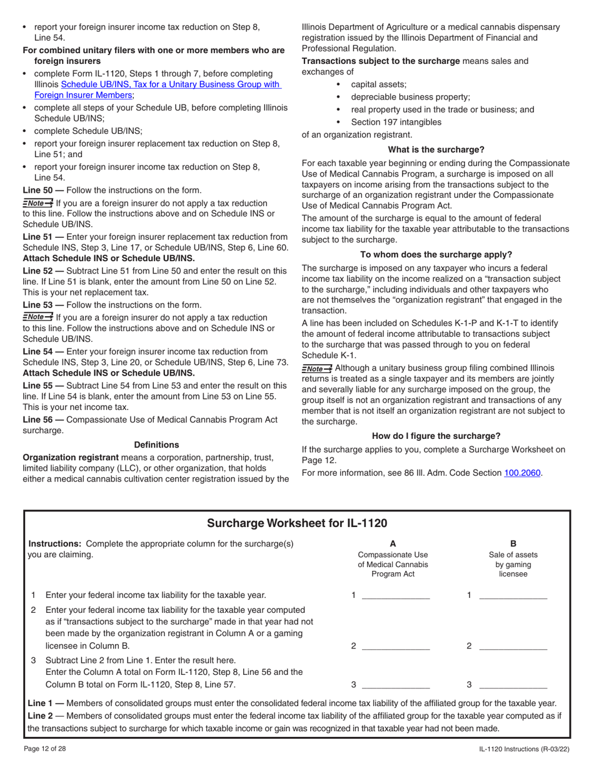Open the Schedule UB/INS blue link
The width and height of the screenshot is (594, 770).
[158, 90]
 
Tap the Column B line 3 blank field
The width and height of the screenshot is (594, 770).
[512, 685]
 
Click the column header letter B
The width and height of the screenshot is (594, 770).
[513, 543]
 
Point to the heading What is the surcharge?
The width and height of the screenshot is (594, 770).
[436, 149]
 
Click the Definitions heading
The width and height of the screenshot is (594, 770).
[156, 444]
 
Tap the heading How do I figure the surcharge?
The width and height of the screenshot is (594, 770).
[436, 436]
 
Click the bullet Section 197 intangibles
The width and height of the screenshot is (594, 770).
[396, 122]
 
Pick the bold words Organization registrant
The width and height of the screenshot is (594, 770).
[70, 457]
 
